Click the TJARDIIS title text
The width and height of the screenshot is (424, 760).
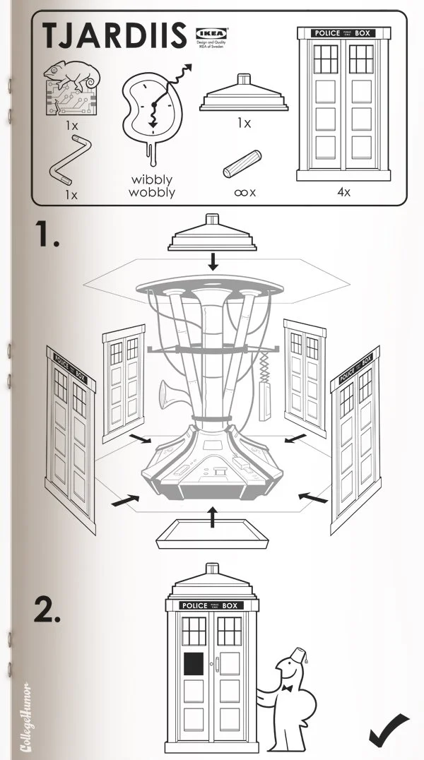[114, 36]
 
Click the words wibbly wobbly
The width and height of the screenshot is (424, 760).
[152, 186]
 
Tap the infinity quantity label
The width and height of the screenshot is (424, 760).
[245, 191]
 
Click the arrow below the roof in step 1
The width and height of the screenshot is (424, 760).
[213, 262]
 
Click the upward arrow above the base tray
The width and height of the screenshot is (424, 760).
[212, 517]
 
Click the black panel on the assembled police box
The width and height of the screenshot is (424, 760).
[194, 663]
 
